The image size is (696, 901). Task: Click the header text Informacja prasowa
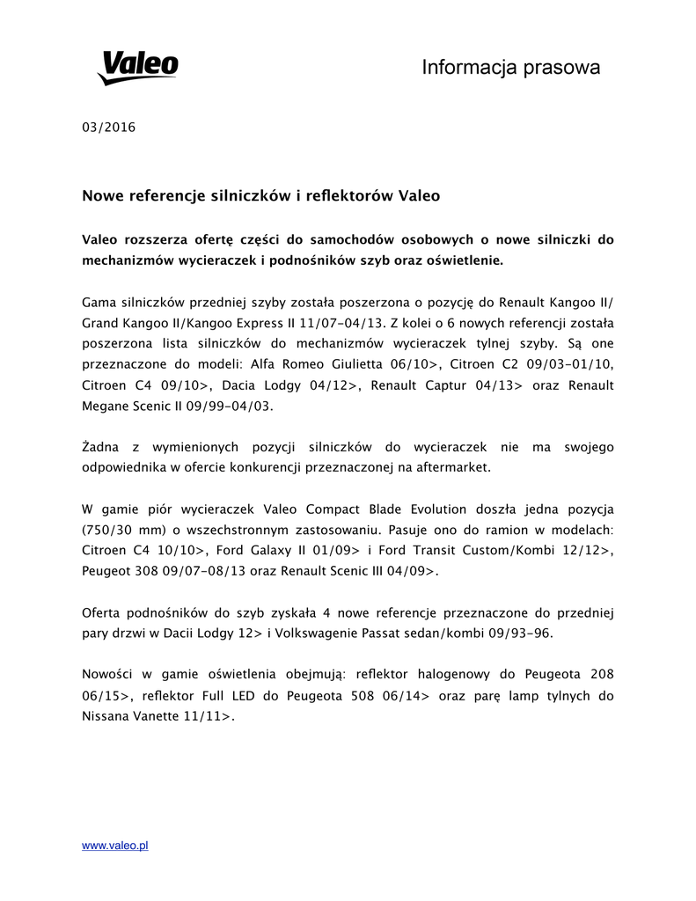[x=510, y=67]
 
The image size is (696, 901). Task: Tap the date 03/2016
[x=108, y=127]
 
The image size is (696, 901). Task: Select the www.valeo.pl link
[x=114, y=845]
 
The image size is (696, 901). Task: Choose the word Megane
[x=106, y=406]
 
